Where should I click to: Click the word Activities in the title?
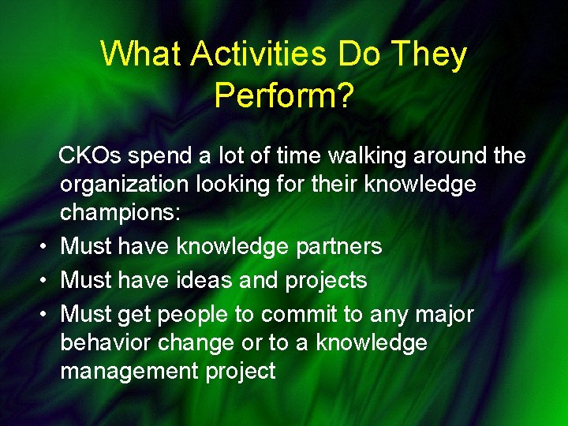(x=259, y=54)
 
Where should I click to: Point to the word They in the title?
(x=428, y=54)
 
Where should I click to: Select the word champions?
(x=120, y=213)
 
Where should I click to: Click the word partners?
(x=338, y=246)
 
